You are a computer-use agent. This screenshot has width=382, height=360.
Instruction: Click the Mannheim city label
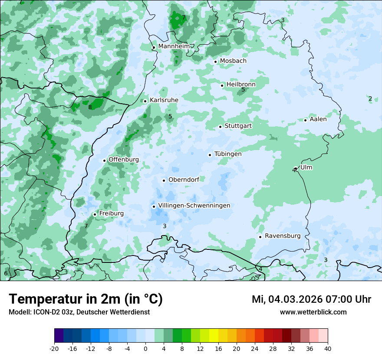[173, 46]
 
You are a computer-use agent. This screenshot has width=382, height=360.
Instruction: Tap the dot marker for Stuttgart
[221, 127]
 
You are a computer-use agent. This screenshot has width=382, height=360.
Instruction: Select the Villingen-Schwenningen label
[194, 206]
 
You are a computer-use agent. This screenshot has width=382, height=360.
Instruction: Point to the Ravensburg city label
[282, 236]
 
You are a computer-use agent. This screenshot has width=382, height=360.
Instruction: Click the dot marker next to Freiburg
[95, 214]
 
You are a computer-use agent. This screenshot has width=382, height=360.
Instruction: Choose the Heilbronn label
[241, 84]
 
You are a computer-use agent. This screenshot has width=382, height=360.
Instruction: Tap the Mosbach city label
[233, 61]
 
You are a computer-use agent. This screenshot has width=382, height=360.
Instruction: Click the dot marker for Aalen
[306, 120]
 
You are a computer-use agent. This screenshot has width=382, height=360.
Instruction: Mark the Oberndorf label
[184, 180]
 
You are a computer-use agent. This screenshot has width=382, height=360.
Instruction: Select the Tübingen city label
[228, 154]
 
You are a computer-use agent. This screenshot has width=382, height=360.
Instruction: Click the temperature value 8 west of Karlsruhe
[90, 107]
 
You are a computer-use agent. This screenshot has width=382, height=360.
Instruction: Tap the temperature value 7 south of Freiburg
[86, 226]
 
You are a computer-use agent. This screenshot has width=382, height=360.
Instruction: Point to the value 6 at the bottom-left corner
[6, 273]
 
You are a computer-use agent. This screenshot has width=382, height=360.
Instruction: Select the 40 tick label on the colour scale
[327, 348]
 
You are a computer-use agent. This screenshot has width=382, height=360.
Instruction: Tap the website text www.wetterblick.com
[313, 312]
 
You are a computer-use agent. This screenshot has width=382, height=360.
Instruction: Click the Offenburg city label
[124, 160]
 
